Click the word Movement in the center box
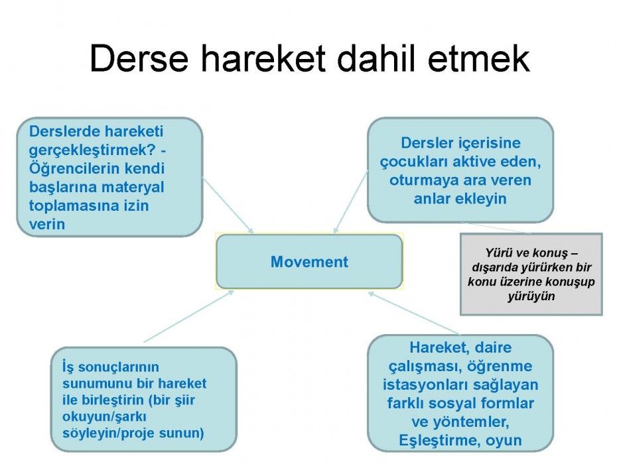(309, 262)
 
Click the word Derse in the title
(139, 58)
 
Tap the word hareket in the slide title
(263, 58)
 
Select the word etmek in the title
(479, 58)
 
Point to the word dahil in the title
(377, 58)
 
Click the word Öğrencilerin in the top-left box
(74, 168)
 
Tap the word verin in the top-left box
(46, 224)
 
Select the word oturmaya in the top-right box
(423, 180)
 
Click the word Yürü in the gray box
(498, 253)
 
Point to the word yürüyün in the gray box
(531, 296)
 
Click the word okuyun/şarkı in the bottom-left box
(104, 417)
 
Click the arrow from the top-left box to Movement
(228, 205)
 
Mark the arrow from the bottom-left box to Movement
(188, 316)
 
